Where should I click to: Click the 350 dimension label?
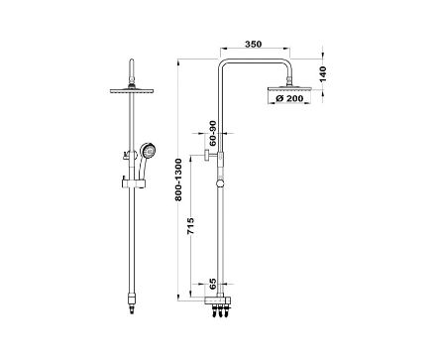point(254,44)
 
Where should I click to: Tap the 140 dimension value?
point(323,74)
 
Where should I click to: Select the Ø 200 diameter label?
point(289,98)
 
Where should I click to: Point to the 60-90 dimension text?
point(213,133)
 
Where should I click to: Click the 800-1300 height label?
point(178,180)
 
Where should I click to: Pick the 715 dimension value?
point(190,226)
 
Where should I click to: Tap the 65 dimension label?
point(213,283)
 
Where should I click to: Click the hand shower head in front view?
point(148,151)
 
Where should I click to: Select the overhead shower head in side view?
point(289,89)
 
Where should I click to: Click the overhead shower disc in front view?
point(132,90)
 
